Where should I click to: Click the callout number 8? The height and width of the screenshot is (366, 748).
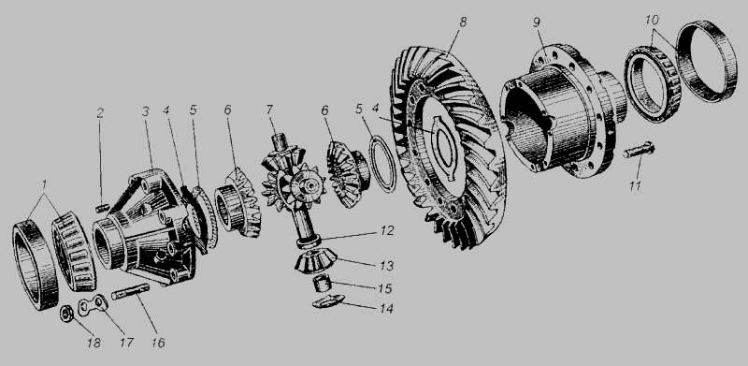coord(463,22)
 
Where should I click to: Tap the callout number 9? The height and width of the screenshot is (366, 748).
coord(537,23)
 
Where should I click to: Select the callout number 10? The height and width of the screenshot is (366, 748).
coord(652,20)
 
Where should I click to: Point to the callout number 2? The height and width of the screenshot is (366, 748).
coord(100,113)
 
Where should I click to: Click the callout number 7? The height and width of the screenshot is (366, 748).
coord(269,110)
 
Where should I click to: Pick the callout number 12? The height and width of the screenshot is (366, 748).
coord(387,231)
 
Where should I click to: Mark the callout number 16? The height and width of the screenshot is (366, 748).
coord(158,343)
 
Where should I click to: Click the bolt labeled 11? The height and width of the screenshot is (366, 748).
coord(639,151)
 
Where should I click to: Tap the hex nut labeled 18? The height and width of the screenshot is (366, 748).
coord(66,314)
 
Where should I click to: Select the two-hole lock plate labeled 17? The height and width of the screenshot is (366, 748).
coord(93,305)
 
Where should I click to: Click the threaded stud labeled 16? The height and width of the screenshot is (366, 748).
coord(130,291)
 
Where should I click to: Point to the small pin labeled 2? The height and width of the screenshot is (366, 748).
coord(101,209)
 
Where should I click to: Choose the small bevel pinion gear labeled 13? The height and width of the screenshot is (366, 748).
coord(315,261)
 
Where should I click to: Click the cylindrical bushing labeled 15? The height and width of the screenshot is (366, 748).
coord(322,285)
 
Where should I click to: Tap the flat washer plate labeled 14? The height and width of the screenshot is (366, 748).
coord(328,301)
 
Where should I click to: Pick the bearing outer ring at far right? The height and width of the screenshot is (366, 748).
coord(707,61)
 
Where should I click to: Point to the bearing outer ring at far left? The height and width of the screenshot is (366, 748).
coord(36,264)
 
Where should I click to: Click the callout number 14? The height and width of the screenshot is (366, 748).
coord(387,309)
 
